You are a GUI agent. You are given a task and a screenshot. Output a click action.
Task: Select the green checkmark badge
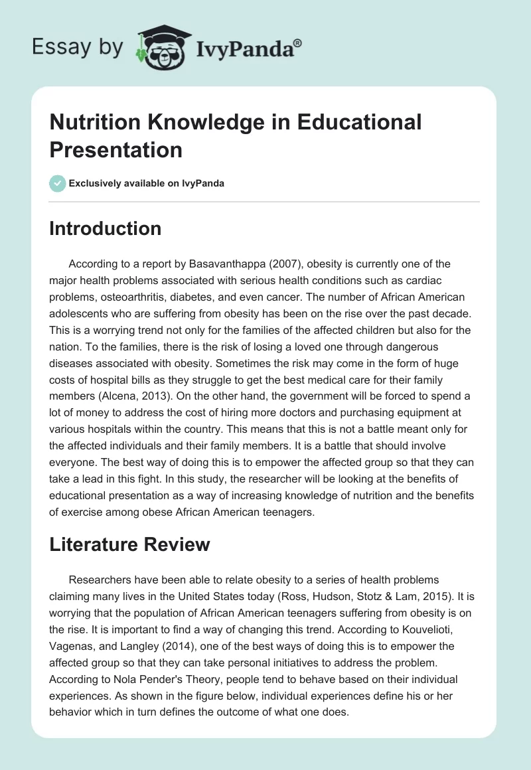click(58, 183)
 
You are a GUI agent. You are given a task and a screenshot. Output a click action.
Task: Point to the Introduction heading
click(106, 228)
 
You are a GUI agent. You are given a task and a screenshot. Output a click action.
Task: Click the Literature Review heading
click(129, 544)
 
